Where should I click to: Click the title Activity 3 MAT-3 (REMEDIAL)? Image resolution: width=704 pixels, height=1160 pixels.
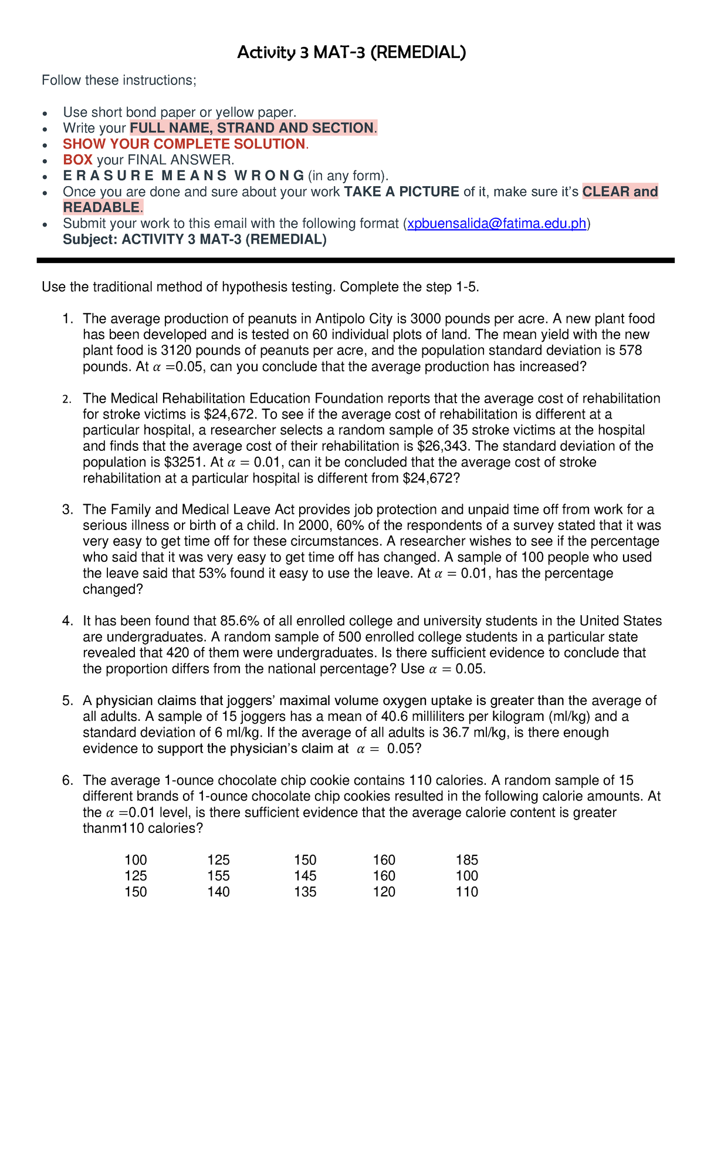click(x=351, y=53)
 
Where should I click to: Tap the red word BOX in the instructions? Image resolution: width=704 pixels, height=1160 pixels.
click(x=77, y=160)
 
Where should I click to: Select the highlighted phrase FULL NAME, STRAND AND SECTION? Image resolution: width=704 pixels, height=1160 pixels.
click(x=252, y=128)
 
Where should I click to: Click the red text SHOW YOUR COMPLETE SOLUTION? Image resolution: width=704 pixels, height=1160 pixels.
click(x=184, y=144)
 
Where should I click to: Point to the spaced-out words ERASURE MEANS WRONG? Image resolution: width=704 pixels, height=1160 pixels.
click(x=184, y=176)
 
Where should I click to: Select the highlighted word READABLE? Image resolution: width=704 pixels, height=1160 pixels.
click(x=101, y=207)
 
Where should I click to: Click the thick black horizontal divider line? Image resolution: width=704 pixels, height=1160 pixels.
click(x=355, y=260)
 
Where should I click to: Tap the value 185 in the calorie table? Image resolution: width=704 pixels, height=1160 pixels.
click(x=466, y=860)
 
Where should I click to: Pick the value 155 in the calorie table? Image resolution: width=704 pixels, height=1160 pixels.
click(x=218, y=876)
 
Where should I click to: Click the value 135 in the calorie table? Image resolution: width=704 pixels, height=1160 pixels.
click(x=305, y=892)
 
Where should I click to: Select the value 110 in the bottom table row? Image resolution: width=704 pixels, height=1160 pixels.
click(x=466, y=892)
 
